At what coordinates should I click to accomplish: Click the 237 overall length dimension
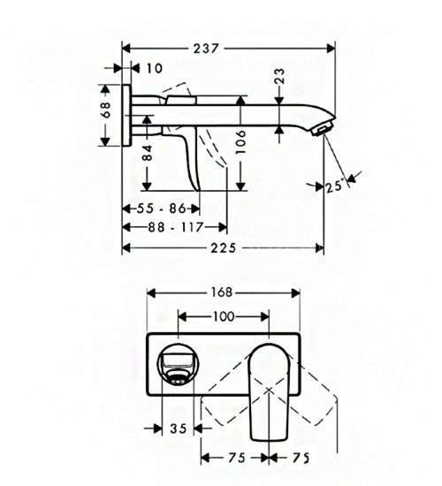tap(206, 49)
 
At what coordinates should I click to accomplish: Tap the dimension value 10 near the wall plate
tap(153, 68)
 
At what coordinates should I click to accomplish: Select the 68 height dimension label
tap(106, 110)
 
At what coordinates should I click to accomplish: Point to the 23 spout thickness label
tap(279, 76)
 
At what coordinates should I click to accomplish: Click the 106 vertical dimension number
tap(240, 142)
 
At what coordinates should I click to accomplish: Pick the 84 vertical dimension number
tap(149, 153)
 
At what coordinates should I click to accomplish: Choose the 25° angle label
tap(335, 186)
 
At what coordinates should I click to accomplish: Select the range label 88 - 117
tap(175, 227)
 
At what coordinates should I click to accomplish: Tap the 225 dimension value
tap(224, 248)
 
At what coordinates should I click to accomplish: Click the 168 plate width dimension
tap(222, 292)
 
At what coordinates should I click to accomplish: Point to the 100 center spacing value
tap(224, 316)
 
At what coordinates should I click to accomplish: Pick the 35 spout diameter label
tap(179, 429)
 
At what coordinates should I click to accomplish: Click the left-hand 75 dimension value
tap(237, 458)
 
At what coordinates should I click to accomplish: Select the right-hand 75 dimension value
tap(301, 458)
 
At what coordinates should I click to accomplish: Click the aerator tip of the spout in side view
tap(322, 128)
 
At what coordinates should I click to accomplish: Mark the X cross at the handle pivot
tap(269, 390)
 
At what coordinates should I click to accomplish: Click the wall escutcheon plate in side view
tap(126, 115)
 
